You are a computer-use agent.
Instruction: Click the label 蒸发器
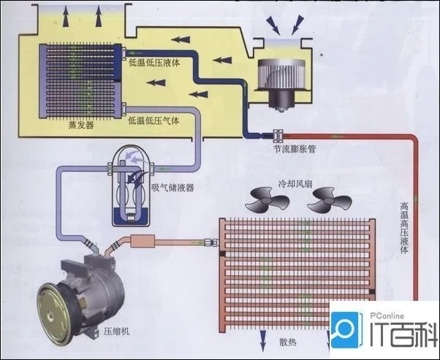(81, 125)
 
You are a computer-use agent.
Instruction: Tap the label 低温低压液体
(154, 63)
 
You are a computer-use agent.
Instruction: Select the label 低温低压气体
(154, 120)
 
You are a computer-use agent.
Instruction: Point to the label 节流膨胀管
(295, 148)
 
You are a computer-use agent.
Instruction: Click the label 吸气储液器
(172, 188)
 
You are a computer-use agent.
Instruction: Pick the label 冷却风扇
(295, 184)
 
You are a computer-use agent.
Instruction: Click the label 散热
(288, 342)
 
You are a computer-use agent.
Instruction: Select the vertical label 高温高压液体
(404, 228)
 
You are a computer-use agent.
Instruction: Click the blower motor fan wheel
(281, 74)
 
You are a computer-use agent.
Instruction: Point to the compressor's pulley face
(54, 313)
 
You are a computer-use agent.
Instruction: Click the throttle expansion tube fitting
(278, 136)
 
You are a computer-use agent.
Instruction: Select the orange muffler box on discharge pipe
(143, 241)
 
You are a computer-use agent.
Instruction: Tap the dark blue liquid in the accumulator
(131, 216)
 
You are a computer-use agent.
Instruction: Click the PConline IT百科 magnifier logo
(346, 330)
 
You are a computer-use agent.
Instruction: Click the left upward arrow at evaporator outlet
(66, 16)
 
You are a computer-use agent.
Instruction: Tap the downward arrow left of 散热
(263, 340)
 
